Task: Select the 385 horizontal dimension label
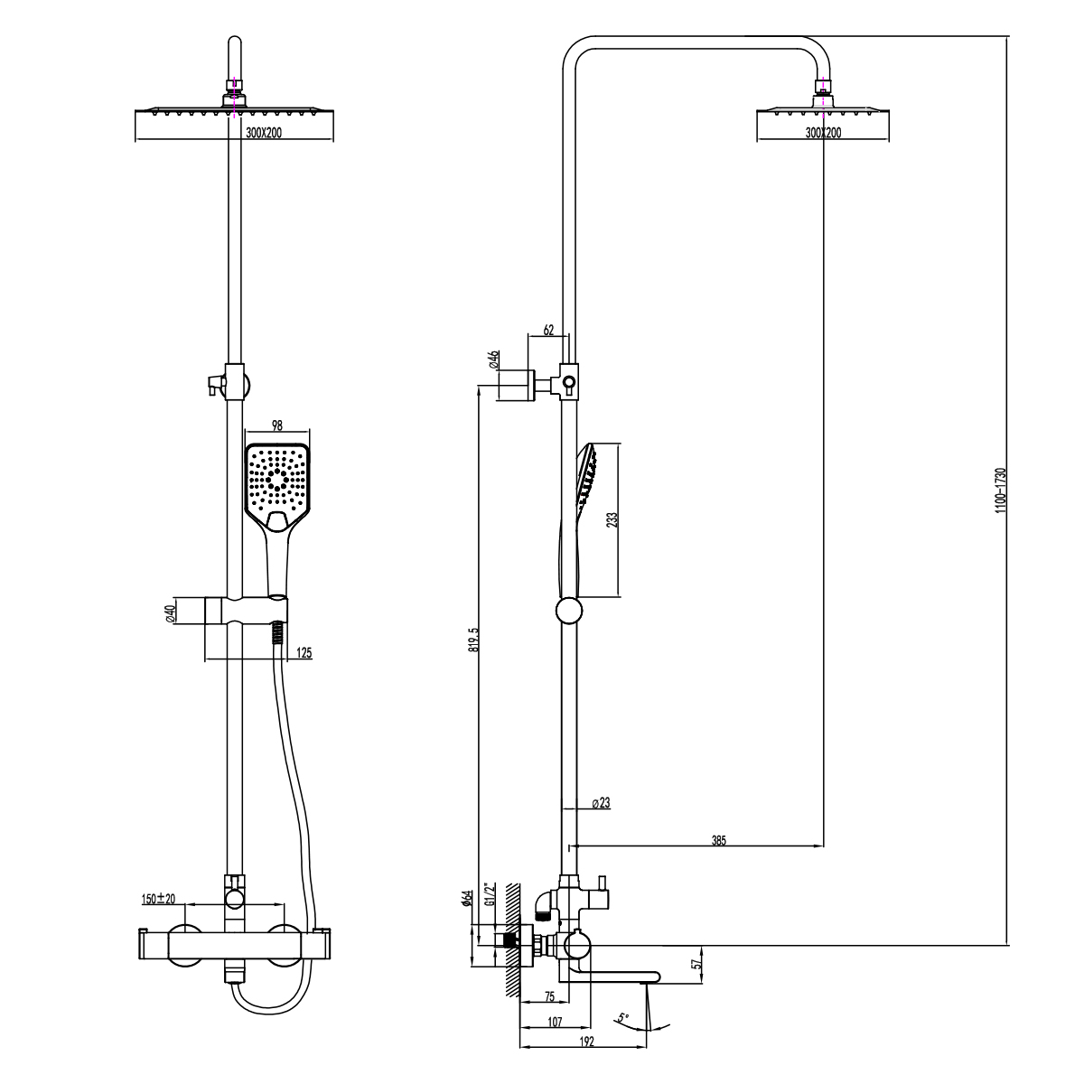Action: point(718,839)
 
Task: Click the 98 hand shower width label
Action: point(277,425)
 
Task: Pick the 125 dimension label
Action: point(304,652)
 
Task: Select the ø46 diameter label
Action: point(493,360)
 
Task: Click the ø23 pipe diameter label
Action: point(602,803)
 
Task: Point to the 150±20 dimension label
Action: point(158,899)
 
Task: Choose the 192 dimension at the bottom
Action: point(585,1042)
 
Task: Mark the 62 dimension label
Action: point(548,331)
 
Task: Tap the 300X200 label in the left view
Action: point(264,132)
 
